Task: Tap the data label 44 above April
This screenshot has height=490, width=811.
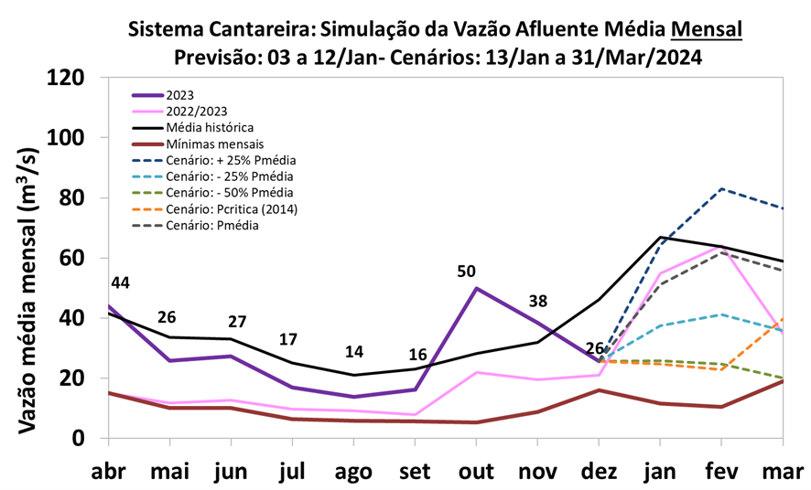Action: coord(120,283)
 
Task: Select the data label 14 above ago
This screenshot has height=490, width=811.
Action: coord(354,353)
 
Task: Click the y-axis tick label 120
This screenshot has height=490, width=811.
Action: coord(68,78)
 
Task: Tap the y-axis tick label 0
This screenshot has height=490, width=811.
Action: coord(79,438)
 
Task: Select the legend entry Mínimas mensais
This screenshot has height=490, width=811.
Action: coord(214,144)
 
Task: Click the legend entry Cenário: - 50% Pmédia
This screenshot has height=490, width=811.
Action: coord(230,193)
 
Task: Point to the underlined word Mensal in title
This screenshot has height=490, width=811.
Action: coord(706,29)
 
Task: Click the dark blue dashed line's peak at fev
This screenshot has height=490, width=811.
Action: coord(722,189)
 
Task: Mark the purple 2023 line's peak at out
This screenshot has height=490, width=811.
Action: coord(477,288)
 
